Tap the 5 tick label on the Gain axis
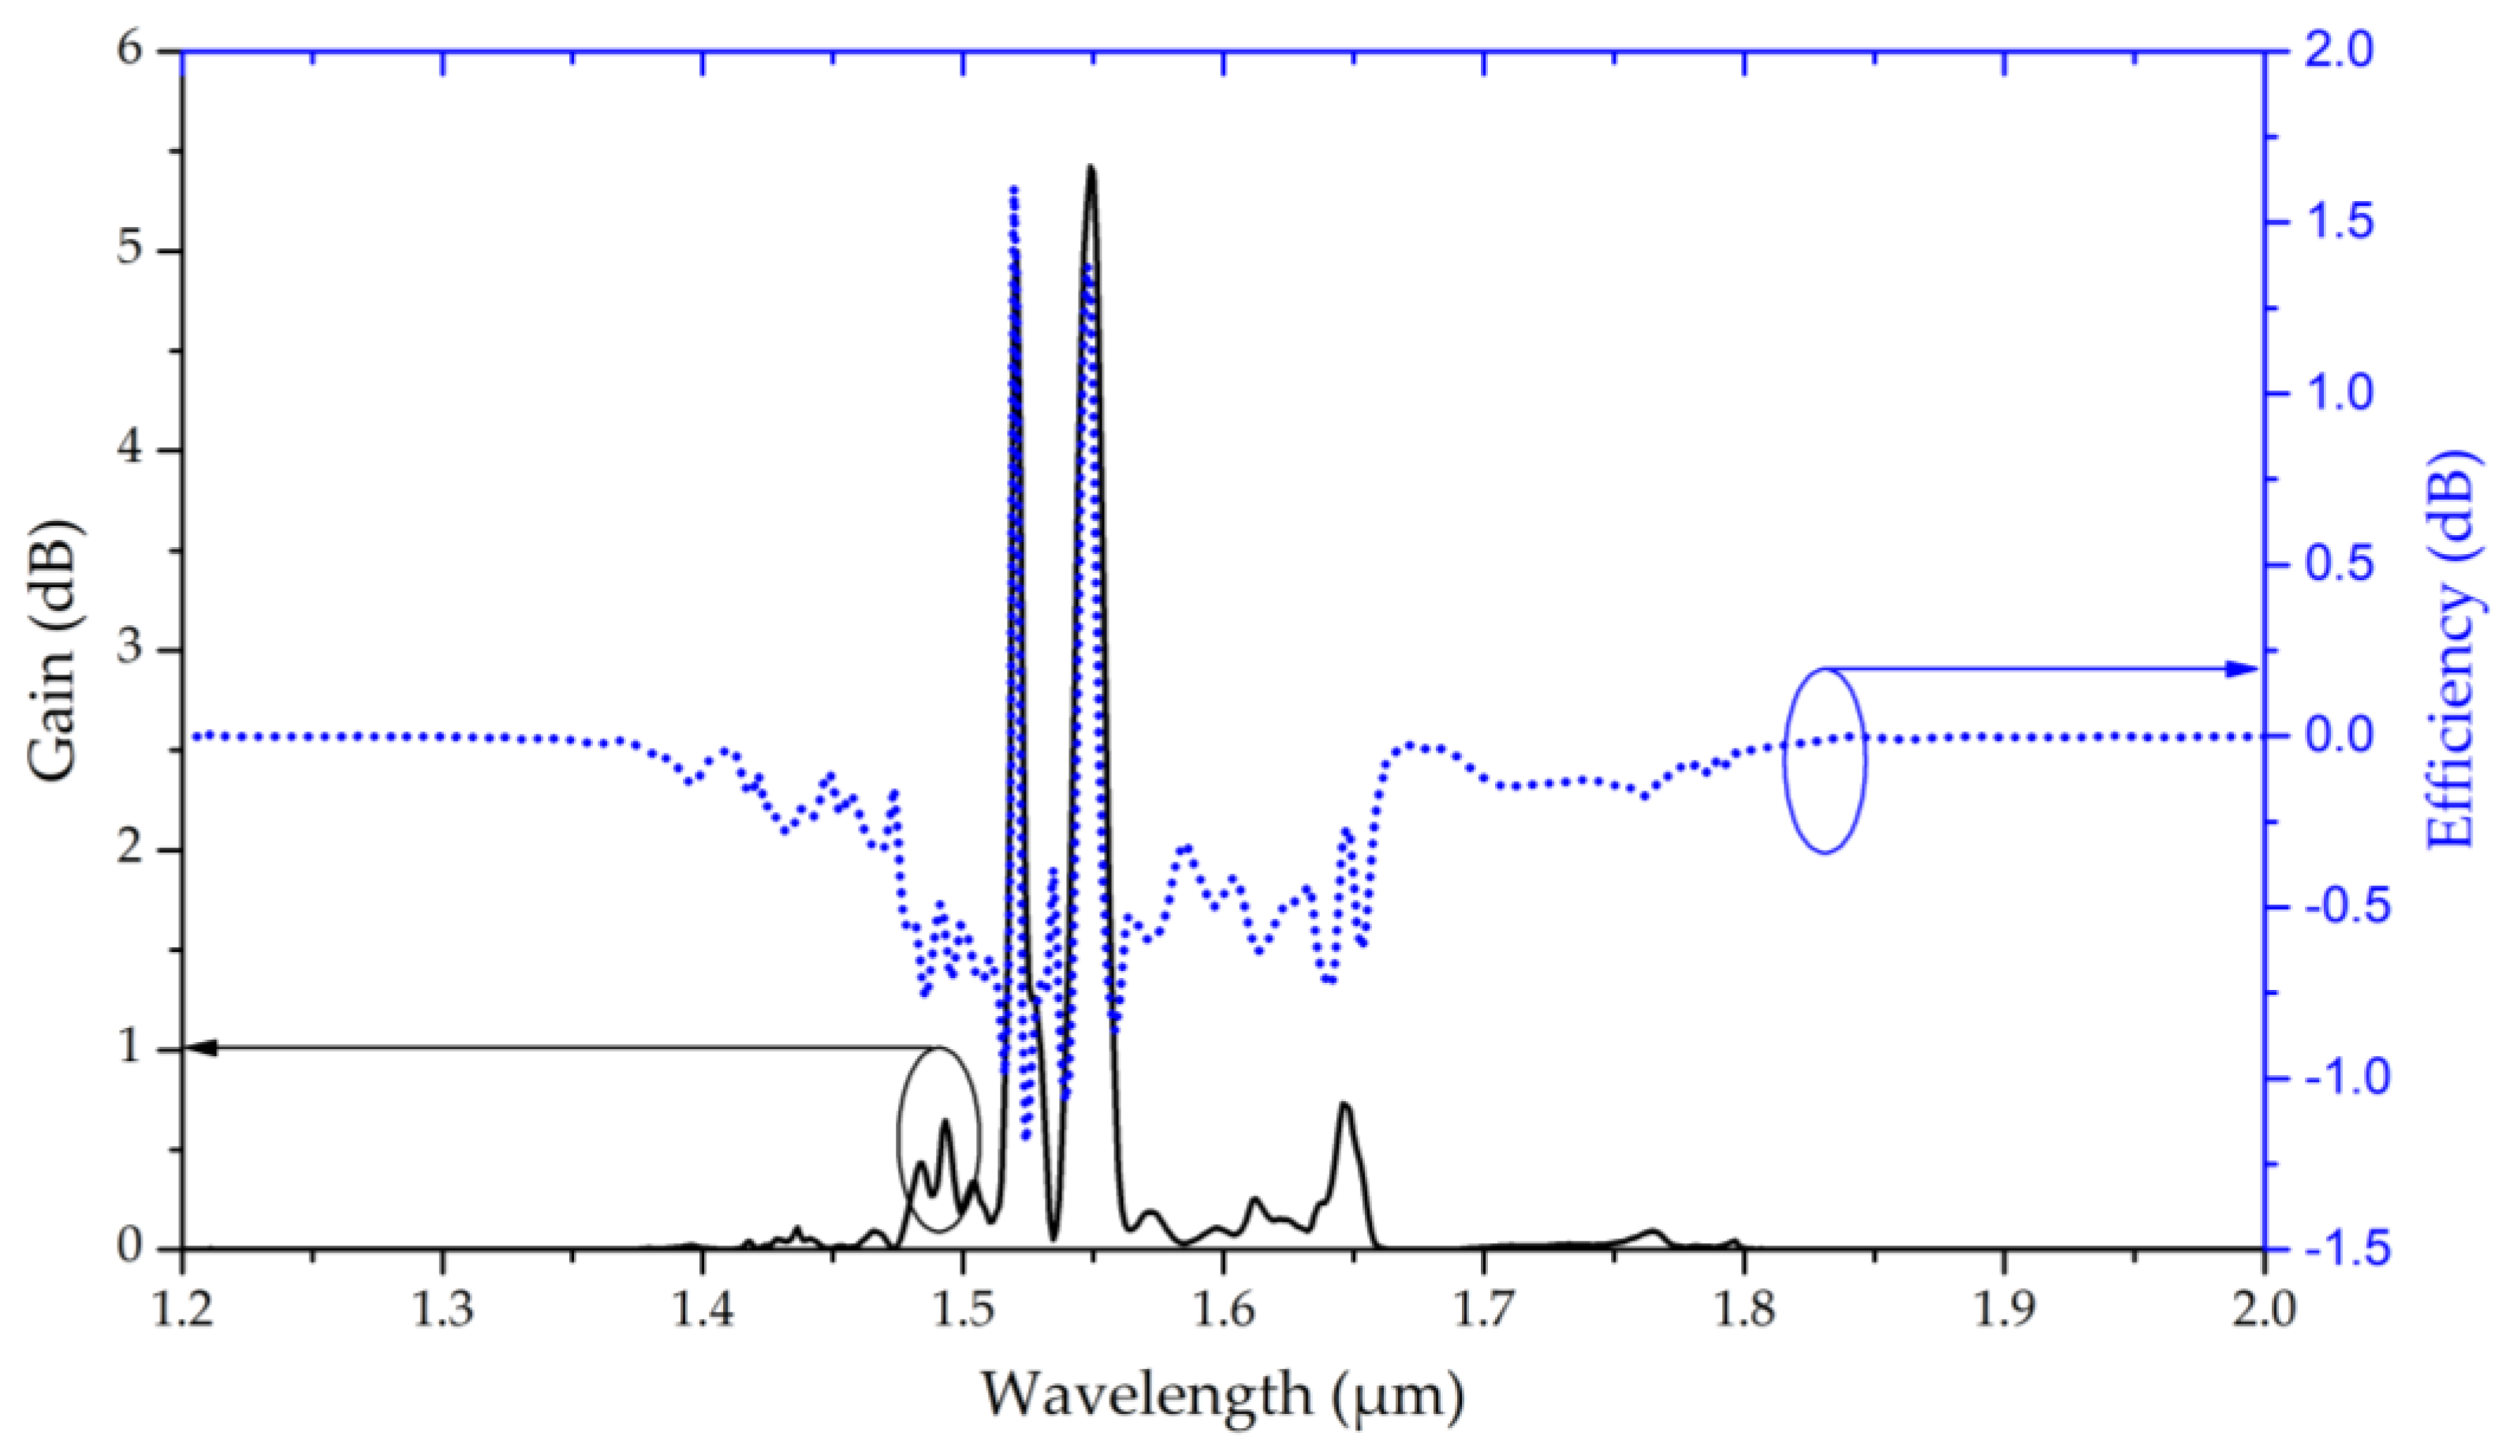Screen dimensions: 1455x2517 click(131, 251)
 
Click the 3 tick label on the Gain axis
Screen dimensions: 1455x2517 click(131, 650)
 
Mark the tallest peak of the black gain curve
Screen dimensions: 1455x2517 click(1091, 168)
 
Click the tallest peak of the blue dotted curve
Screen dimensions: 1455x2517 click(1012, 190)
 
